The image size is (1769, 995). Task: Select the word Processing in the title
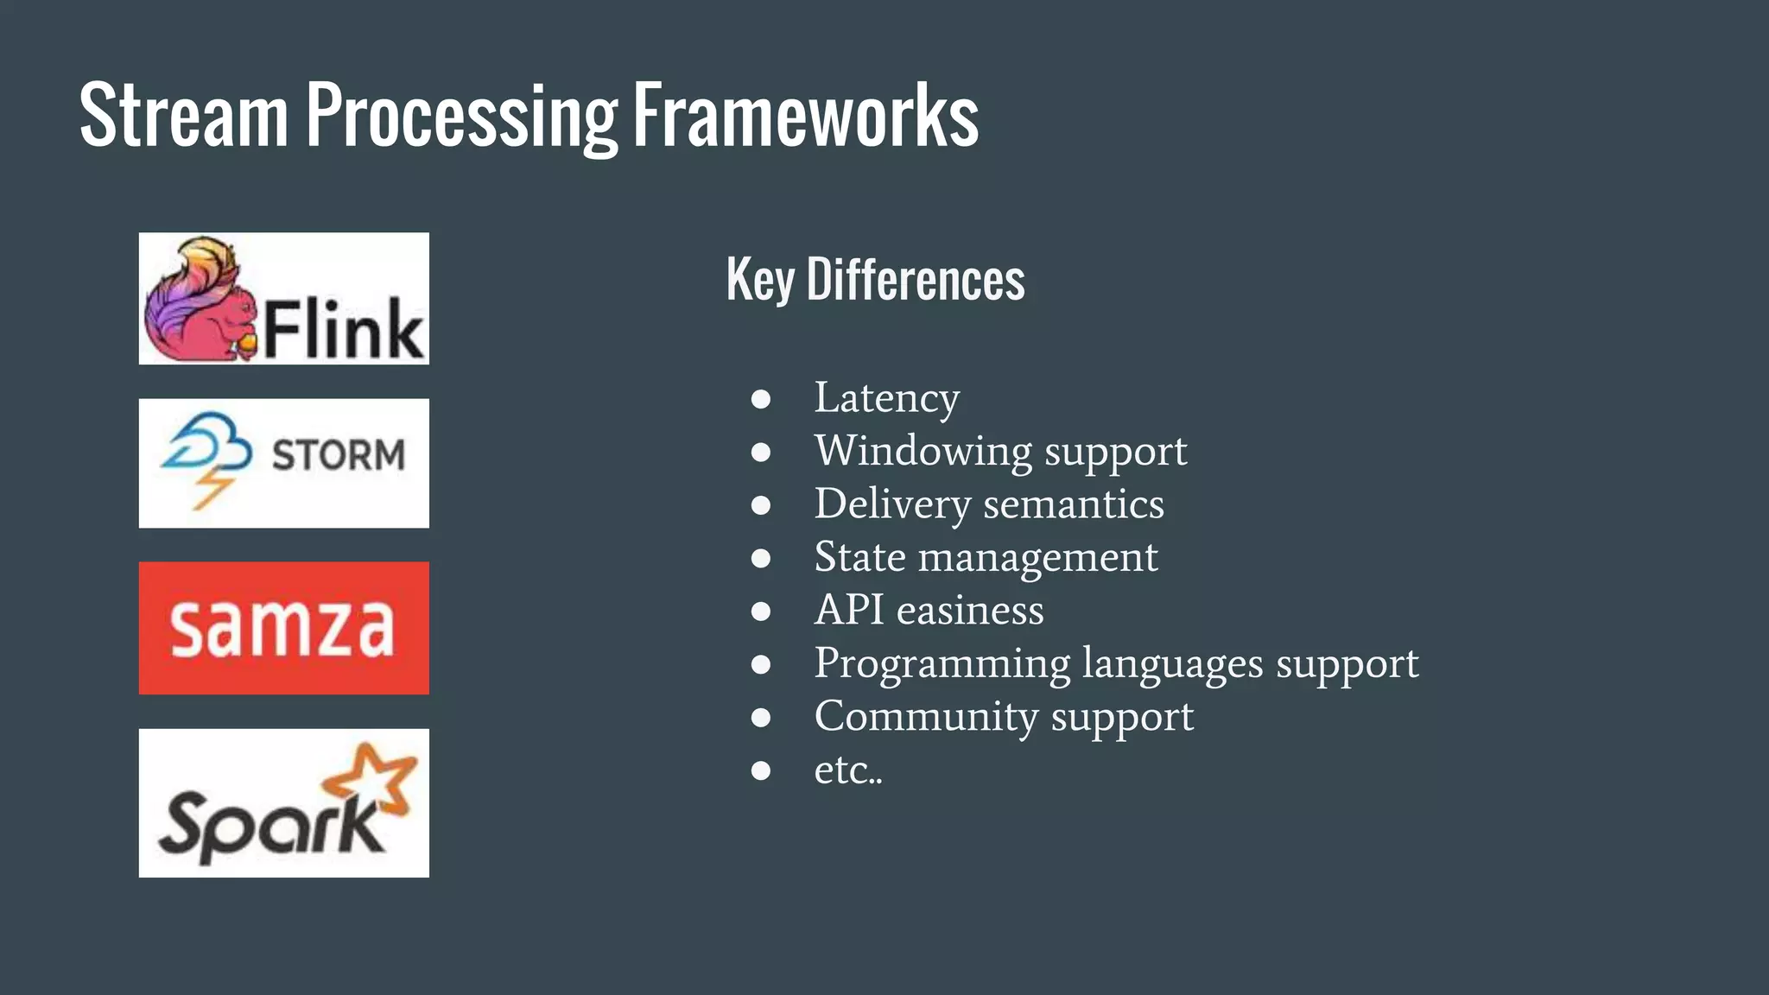(x=461, y=117)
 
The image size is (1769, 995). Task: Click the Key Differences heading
(x=875, y=280)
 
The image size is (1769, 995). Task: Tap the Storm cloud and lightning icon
(x=206, y=458)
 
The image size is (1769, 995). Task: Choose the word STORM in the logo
(x=338, y=455)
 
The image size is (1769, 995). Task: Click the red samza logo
(x=283, y=628)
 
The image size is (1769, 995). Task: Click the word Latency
(x=886, y=399)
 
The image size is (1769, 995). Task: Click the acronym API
(x=849, y=610)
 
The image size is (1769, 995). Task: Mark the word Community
(x=926, y=717)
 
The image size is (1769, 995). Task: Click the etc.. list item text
(x=847, y=770)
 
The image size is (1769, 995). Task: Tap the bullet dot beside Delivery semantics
(x=761, y=505)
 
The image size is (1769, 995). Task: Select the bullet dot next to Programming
(x=761, y=664)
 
